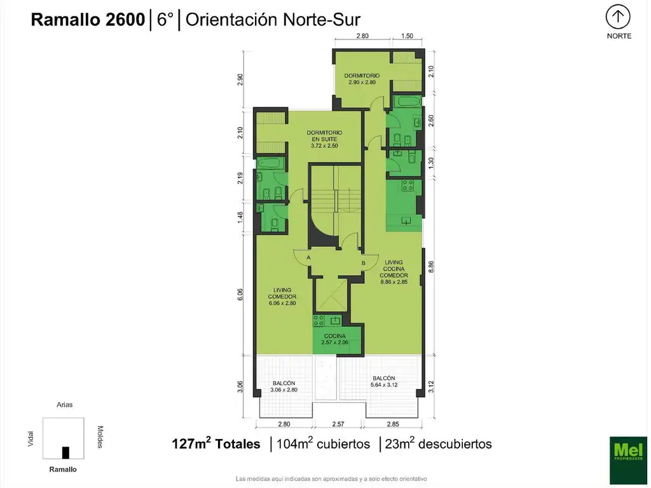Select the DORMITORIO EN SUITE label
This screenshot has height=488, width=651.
324,139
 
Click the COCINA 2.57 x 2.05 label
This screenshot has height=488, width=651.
334,339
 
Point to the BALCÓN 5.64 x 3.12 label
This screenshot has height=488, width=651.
383,381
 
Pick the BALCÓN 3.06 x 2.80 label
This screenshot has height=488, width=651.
284,386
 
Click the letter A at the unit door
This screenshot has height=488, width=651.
308,258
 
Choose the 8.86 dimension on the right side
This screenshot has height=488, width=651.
431,267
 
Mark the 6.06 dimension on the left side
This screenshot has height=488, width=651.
240,295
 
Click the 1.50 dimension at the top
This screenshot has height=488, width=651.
407,36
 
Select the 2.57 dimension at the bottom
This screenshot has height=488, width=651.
338,424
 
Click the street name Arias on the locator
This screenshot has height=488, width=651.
64,405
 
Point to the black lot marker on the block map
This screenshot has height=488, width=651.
65,452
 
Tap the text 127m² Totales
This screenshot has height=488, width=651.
216,444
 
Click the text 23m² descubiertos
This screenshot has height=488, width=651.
438,444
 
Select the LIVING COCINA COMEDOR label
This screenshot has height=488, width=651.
394,272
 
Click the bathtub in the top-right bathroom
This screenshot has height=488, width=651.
408,101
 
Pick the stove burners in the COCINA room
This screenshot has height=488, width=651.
319,320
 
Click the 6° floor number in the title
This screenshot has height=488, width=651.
165,20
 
